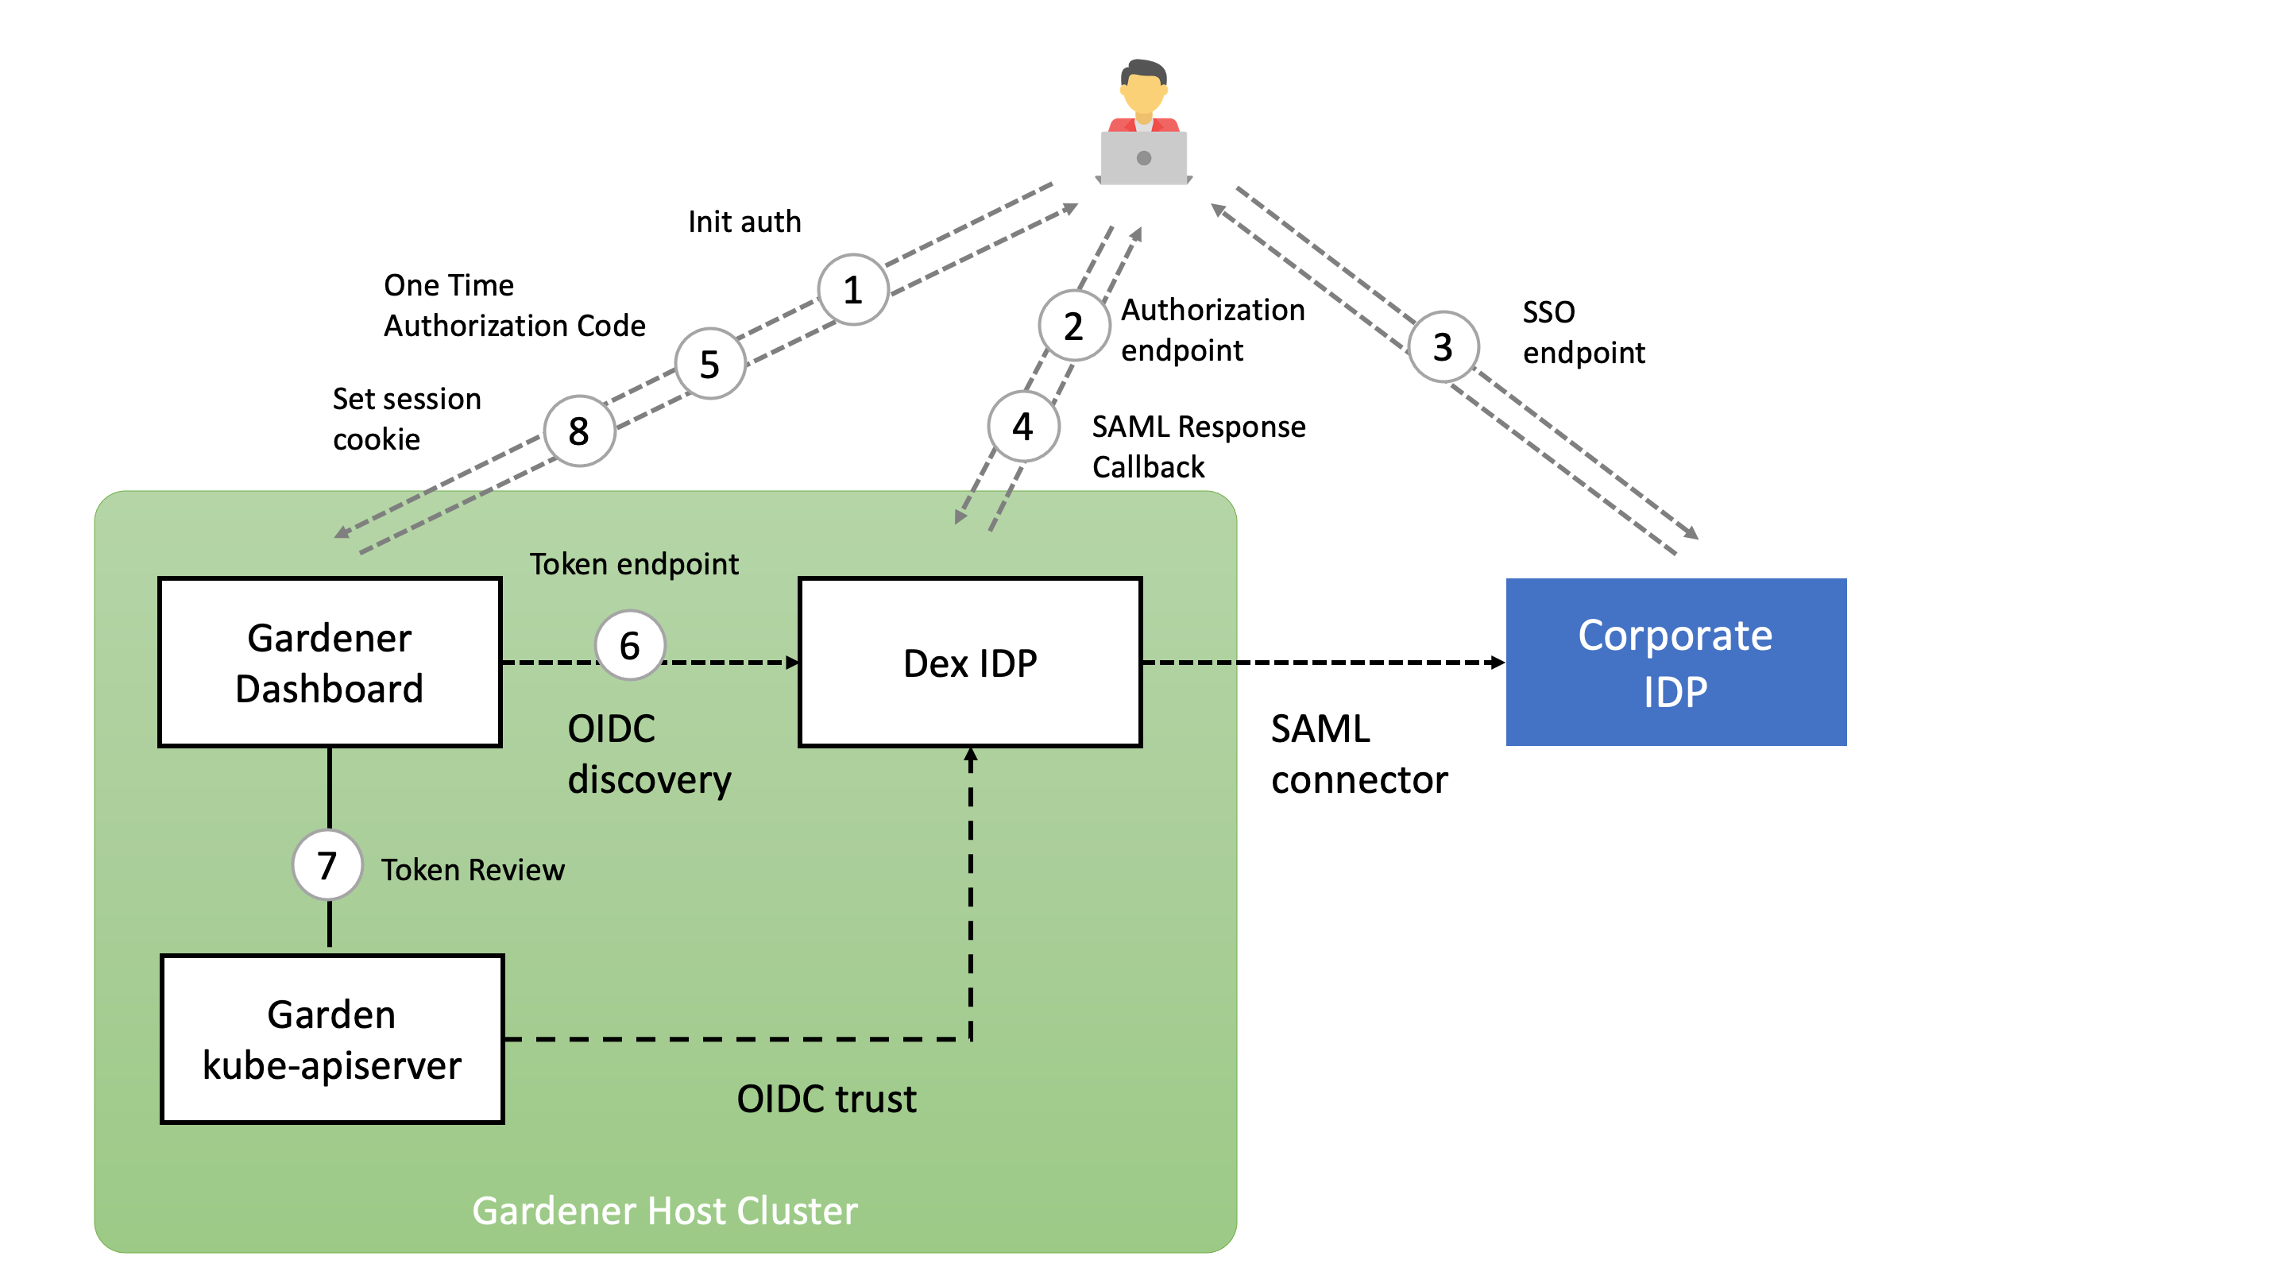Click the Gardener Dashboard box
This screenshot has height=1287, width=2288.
tap(330, 662)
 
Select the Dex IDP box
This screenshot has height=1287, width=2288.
tap(970, 662)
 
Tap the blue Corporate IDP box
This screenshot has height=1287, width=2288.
tap(1675, 662)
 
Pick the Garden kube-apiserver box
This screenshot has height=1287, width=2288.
tap(332, 1038)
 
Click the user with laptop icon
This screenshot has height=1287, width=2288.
tap(1143, 125)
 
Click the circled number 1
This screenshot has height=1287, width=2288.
tap(852, 289)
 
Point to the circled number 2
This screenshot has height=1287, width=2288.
tap(1074, 326)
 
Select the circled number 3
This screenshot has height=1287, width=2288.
tap(1444, 346)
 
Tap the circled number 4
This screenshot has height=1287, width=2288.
tap(1023, 427)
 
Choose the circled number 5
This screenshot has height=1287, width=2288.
tap(709, 363)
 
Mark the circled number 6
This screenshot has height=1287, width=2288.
tap(630, 645)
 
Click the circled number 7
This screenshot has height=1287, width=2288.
tap(327, 865)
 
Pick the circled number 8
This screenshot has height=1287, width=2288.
tap(579, 431)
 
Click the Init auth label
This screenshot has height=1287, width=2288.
tap(744, 221)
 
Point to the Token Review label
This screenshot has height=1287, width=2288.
tap(473, 870)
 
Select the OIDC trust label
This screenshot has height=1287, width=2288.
tap(826, 1099)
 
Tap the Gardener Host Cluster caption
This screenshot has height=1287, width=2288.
tap(664, 1211)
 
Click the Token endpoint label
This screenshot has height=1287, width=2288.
tap(634, 564)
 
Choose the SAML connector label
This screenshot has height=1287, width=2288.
tap(1359, 754)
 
